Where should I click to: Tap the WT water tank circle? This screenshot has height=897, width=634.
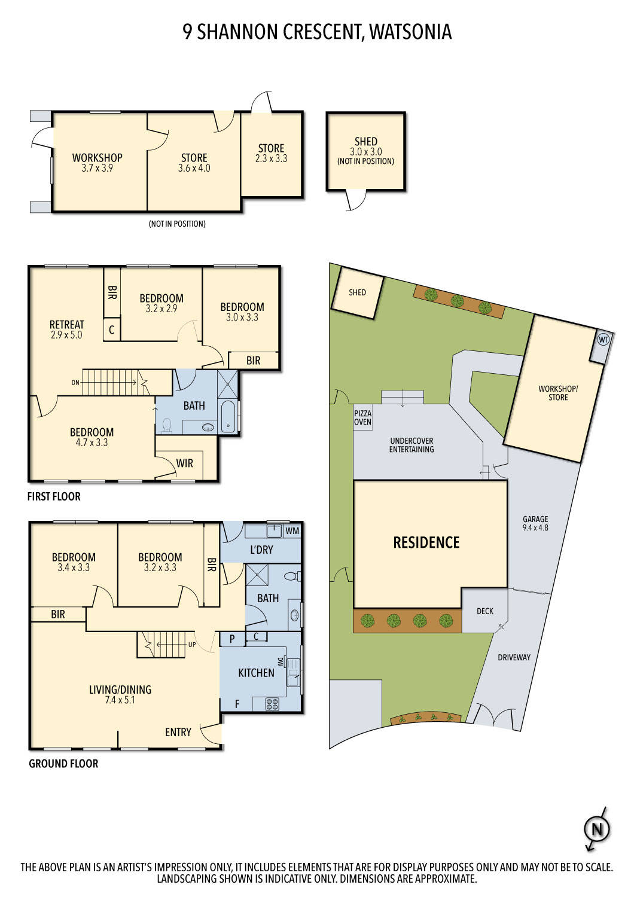coord(603,340)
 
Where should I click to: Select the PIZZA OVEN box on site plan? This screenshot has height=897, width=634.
coord(362,417)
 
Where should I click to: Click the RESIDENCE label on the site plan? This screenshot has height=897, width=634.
coord(426,542)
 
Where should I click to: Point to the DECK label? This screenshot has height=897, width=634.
coord(485,611)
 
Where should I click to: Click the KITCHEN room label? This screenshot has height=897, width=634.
coord(256,673)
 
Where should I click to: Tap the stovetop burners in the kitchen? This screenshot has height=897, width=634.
coord(272,704)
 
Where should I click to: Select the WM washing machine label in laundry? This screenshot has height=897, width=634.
coord(292,530)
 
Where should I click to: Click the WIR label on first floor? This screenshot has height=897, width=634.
coord(184,463)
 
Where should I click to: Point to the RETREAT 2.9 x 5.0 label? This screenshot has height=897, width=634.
coord(66,329)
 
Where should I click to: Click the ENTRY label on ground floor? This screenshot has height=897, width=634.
coord(178,732)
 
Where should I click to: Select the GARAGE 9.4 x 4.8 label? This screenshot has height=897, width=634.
coord(535,523)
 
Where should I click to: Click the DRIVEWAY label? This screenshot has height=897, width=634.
coord(514,657)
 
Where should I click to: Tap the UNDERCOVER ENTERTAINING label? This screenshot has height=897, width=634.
coord(412,445)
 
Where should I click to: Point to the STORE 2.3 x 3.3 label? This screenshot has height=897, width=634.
coord(271,153)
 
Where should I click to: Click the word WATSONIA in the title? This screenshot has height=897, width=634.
coord(410,32)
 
